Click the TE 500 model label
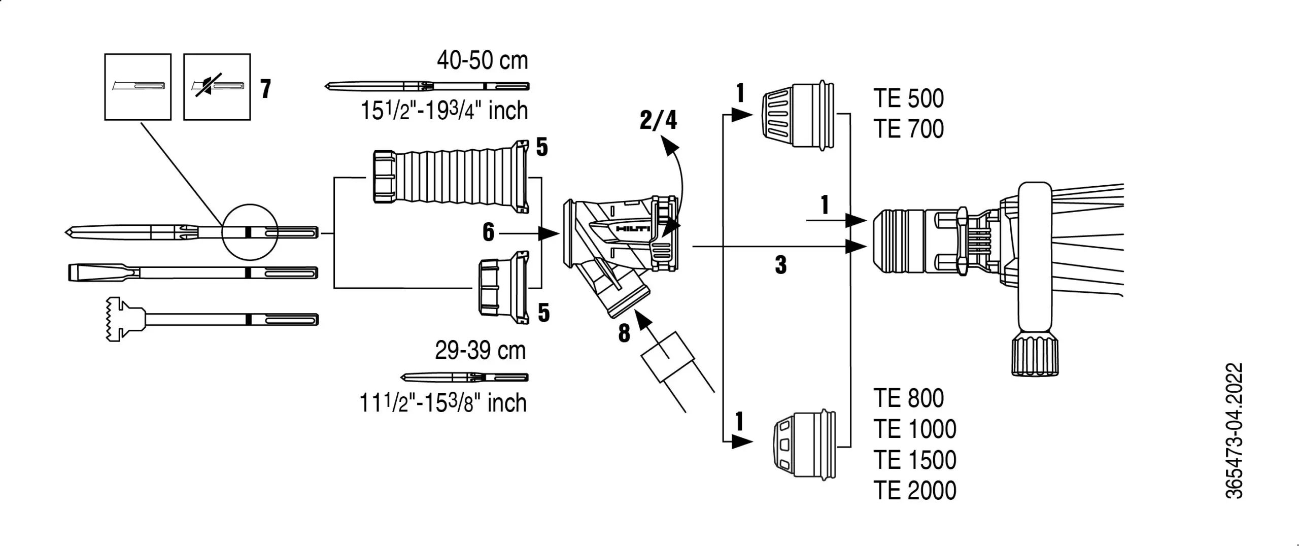[908, 98]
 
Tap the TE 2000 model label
[914, 490]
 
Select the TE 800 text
[908, 398]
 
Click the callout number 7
[265, 89]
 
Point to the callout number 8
[624, 333]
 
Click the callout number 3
[780, 265]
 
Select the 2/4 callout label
[658, 120]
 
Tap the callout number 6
[488, 232]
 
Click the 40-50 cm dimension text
[482, 61]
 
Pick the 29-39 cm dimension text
[480, 351]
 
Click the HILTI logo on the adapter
[632, 229]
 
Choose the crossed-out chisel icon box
[217, 87]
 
